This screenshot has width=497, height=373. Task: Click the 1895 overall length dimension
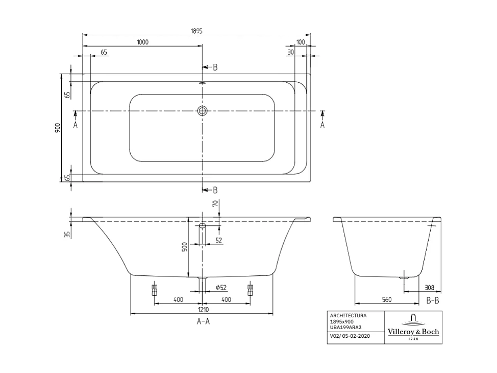click(197, 31)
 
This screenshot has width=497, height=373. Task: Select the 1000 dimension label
click(142, 42)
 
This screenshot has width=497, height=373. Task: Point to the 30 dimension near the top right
click(290, 52)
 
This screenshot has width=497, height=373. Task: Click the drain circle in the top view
click(203, 111)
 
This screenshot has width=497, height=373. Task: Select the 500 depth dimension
click(185, 247)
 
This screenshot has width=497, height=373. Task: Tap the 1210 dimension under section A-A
click(203, 310)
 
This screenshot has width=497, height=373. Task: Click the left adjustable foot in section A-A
click(155, 290)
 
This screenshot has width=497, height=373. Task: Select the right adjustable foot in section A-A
click(250, 290)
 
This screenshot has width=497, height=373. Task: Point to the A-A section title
click(203, 321)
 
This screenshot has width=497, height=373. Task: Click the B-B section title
click(432, 300)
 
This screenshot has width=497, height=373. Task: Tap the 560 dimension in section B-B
click(386, 300)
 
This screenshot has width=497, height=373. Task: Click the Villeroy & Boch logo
click(413, 328)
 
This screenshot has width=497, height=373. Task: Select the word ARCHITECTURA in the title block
click(348, 316)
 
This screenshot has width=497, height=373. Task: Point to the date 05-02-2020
click(357, 336)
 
